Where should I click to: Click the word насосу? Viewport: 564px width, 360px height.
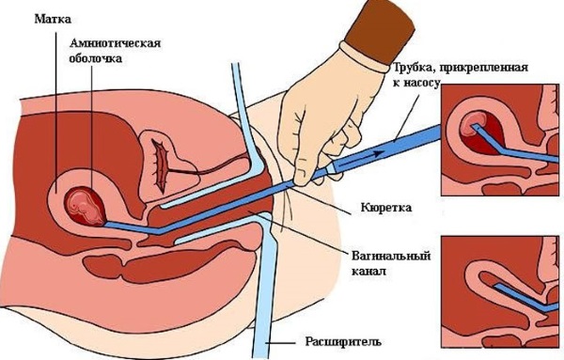click(425, 84)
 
